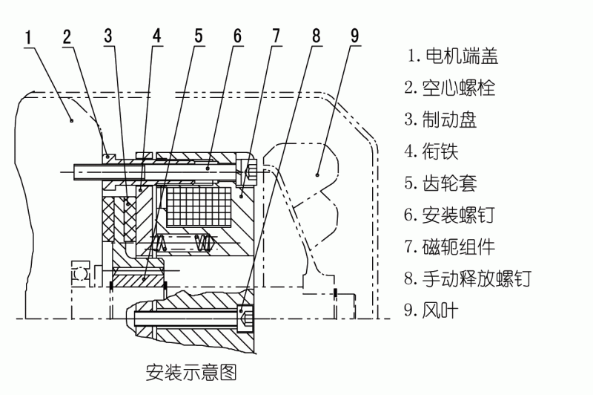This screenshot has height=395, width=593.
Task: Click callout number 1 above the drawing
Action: pyautogui.click(x=27, y=36)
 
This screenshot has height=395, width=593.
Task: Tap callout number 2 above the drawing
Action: pyautogui.click(x=67, y=36)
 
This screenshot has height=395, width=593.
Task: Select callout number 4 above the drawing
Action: pyautogui.click(x=156, y=36)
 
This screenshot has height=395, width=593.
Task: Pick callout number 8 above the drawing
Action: pyautogui.click(x=317, y=36)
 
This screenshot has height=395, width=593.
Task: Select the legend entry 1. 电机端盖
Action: pyautogui.click(x=452, y=55)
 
